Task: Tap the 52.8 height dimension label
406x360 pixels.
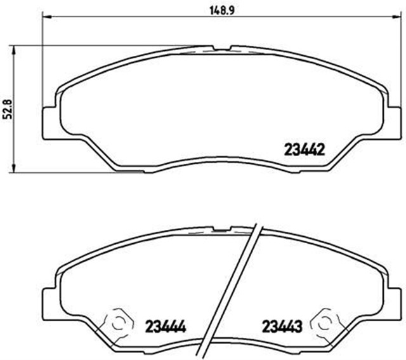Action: pos(8,107)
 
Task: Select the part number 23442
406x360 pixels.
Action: pos(303,150)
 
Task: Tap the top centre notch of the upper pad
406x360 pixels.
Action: pos(223,48)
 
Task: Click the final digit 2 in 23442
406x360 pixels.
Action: pos(322,150)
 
